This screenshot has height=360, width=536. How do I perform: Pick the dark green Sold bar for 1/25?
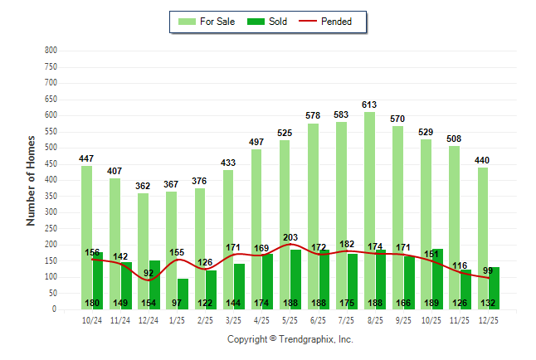pos(183,292)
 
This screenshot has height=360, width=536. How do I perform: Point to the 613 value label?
pos(369,105)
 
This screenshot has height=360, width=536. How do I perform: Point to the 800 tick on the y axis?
pos(51,51)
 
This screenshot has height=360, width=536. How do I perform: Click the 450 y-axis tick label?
pos(51,164)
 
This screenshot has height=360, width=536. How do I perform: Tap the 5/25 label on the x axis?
pos(290,319)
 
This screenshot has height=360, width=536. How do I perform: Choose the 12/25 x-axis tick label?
pos(488,319)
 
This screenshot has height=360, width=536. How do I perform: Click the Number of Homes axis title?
pos(31,180)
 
